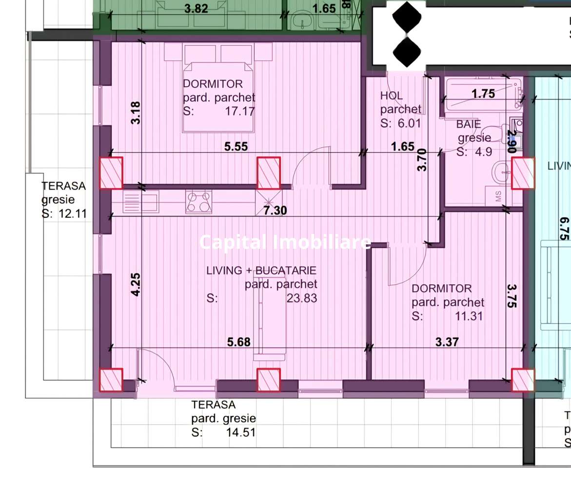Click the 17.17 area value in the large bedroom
[239, 111]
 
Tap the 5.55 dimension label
[236, 146]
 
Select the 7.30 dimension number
[275, 211]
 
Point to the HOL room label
[392, 96]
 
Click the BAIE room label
[469, 124]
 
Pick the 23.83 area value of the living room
[301, 298]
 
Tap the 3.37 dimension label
[447, 342]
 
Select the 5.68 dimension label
[239, 342]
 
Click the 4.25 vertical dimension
[136, 284]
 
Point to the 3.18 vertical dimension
[136, 112]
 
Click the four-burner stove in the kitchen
[199, 201]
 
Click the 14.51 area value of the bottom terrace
[240, 432]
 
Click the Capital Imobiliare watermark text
[285, 242]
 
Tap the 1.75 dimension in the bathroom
[483, 94]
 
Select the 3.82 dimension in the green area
[196, 8]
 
